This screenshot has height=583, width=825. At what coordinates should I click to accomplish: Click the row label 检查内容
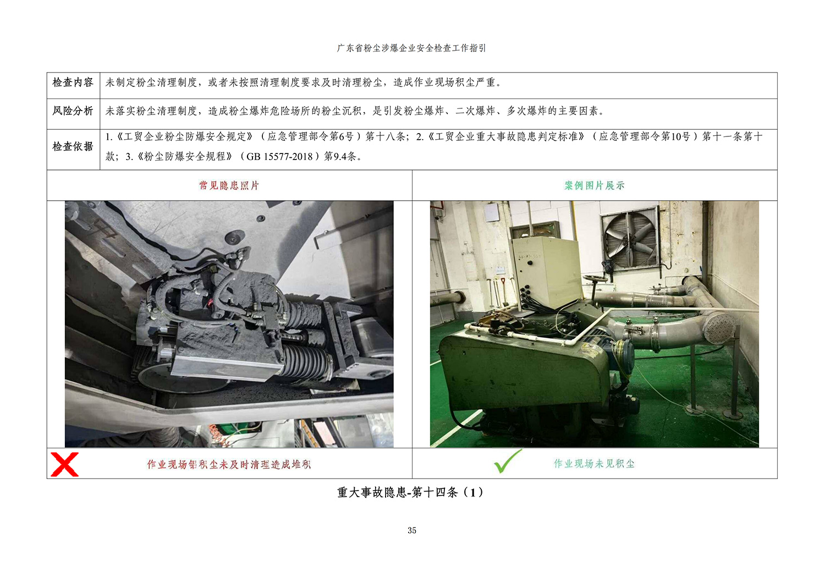coord(73,82)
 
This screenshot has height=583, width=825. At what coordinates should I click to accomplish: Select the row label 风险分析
coord(73,111)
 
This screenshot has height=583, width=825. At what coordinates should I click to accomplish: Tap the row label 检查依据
coord(73,147)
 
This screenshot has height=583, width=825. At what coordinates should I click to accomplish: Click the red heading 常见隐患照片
coord(229,185)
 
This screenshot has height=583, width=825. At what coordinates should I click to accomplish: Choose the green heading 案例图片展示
coord(595,185)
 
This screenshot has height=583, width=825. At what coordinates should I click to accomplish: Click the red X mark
coord(64,464)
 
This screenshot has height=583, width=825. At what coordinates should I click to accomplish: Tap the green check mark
coord(508,461)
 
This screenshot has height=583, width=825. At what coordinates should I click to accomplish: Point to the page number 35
coord(412,530)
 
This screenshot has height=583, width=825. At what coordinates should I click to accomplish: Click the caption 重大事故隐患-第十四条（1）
coord(411,492)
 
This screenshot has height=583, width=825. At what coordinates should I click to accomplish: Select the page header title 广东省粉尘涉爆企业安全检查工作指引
coord(411,48)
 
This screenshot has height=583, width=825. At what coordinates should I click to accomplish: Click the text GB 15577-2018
coord(279,157)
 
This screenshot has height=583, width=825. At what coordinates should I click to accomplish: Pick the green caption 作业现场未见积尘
coord(594,464)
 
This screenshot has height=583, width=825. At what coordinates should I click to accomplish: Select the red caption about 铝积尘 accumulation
coord(229,464)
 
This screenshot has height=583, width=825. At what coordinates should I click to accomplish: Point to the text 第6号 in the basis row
coord(341,136)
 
